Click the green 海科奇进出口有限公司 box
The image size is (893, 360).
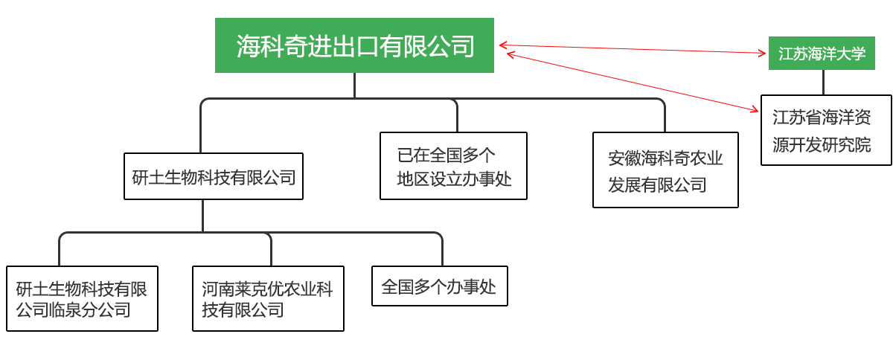(x=354, y=45)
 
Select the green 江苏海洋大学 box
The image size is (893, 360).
(x=822, y=54)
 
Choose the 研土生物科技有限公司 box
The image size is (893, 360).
(x=214, y=177)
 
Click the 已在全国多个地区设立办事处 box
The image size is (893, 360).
(x=453, y=166)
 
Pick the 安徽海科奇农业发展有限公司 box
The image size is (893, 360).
(x=665, y=170)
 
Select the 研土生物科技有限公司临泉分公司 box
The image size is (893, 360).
(x=82, y=298)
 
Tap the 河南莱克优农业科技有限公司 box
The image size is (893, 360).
(x=268, y=298)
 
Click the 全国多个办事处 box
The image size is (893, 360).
(x=439, y=286)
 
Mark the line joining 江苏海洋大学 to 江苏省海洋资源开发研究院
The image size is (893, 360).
(x=823, y=83)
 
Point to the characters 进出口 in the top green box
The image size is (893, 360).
(x=330, y=46)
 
